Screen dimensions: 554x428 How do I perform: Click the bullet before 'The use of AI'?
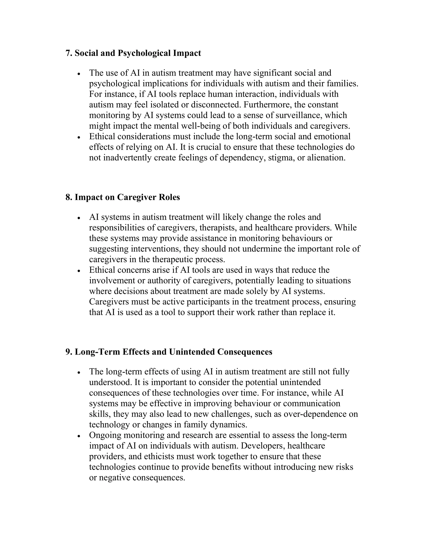79,74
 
